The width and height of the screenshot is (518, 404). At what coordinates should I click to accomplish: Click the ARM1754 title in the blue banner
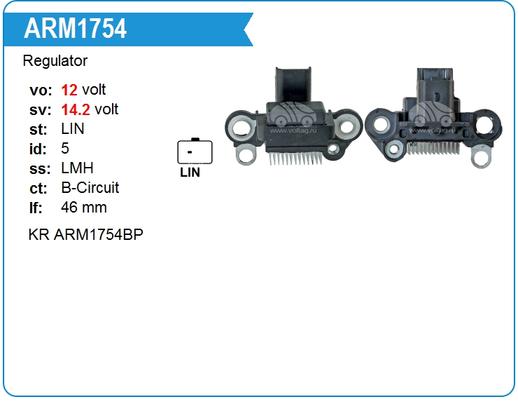tap(75, 29)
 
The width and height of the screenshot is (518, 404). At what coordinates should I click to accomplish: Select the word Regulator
tap(55, 61)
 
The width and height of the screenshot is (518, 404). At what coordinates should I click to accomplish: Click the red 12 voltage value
tap(69, 90)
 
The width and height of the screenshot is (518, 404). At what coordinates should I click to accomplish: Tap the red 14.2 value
tap(76, 109)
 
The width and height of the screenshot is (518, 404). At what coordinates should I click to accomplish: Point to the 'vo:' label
tap(41, 90)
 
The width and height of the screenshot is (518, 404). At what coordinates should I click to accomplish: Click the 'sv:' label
tap(39, 109)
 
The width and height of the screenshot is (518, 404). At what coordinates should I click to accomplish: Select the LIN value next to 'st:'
tap(73, 129)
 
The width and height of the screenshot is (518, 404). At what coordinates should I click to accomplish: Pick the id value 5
tap(65, 149)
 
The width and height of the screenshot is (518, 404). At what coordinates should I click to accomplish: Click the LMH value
tap(77, 168)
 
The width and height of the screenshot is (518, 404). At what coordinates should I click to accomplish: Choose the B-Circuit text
tap(90, 188)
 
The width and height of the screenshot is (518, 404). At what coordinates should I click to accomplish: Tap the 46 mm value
tap(84, 208)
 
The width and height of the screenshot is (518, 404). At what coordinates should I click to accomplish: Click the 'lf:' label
tap(36, 208)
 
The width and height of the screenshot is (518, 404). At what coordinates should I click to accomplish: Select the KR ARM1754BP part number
tap(86, 234)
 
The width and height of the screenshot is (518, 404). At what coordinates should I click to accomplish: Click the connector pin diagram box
tap(195, 151)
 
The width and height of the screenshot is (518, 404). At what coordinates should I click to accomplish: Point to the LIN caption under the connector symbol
tap(190, 173)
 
